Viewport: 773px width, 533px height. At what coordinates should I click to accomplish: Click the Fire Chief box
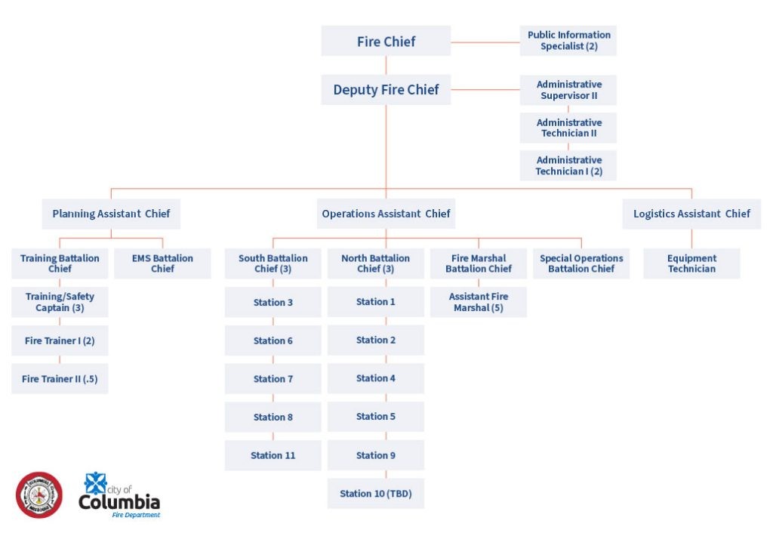tap(386, 42)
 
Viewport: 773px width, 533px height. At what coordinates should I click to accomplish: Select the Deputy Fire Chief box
tap(386, 90)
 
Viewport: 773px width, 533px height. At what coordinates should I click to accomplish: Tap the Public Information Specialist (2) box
tap(568, 41)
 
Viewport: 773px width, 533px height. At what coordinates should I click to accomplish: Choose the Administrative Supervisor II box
tap(568, 90)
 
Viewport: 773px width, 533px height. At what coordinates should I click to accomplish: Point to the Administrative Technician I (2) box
tap(568, 165)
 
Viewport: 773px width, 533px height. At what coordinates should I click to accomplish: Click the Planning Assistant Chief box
tap(111, 214)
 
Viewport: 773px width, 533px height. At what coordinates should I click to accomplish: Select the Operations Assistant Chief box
tap(386, 214)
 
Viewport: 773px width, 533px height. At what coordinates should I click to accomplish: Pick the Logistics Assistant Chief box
tap(691, 214)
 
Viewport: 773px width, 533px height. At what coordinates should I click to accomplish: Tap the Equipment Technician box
tap(691, 263)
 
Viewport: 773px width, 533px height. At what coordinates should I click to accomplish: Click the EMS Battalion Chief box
tap(162, 263)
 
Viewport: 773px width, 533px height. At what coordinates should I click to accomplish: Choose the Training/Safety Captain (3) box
tap(60, 302)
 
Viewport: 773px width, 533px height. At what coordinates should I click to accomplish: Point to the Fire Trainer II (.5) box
tap(60, 379)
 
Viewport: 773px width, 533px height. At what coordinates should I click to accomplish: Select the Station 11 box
tap(273, 455)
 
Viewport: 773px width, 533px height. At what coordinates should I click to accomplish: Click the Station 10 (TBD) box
tap(375, 494)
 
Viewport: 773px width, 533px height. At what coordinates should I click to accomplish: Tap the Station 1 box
tap(375, 302)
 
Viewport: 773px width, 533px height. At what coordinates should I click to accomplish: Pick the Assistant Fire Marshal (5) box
tap(479, 302)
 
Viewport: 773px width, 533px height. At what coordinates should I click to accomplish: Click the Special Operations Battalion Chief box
tap(581, 263)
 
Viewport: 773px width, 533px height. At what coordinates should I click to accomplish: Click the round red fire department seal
tap(39, 495)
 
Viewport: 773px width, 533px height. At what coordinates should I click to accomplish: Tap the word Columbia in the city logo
tap(119, 503)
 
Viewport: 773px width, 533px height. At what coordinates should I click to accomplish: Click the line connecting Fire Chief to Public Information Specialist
tap(485, 42)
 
